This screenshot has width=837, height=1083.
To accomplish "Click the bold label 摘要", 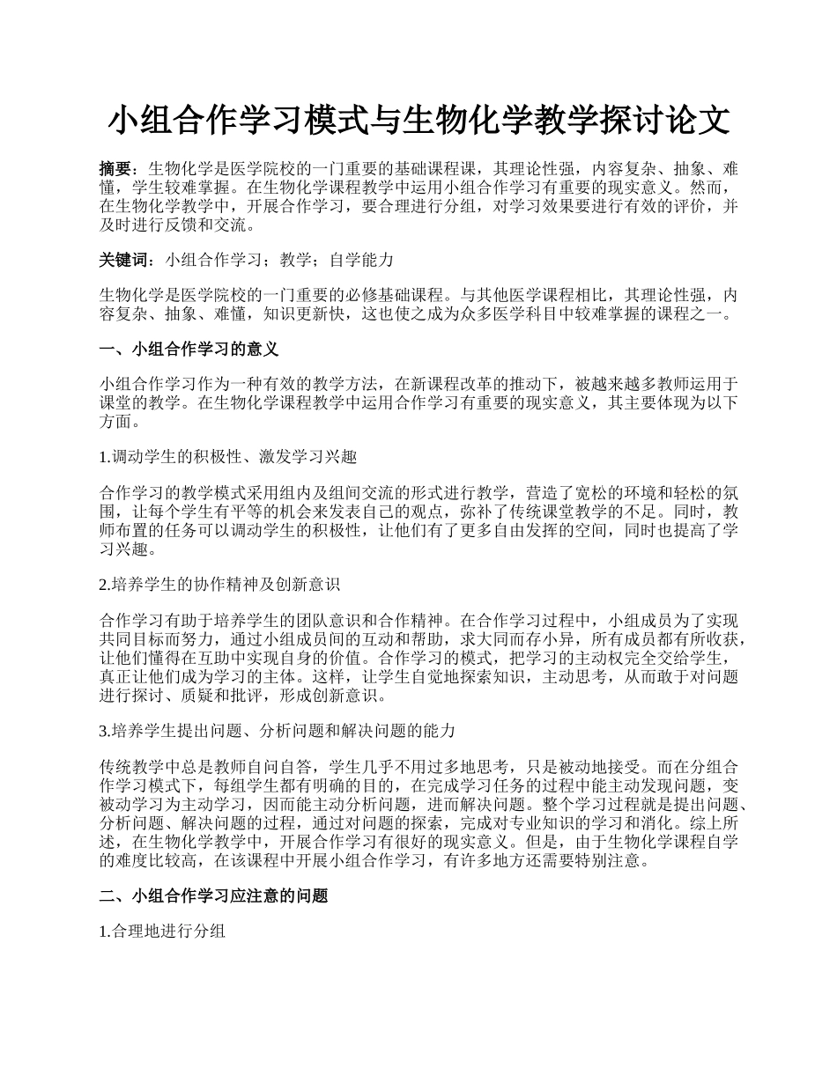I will tap(116, 168).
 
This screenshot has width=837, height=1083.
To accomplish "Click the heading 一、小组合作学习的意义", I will tap(189, 350).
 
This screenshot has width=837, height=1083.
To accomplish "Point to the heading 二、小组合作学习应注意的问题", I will tap(213, 896).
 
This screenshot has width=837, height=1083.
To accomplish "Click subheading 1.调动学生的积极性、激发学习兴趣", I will tap(228, 457).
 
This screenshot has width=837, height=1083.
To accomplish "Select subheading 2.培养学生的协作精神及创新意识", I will tap(220, 584).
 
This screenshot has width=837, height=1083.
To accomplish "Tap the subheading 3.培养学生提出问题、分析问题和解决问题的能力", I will tap(278, 731).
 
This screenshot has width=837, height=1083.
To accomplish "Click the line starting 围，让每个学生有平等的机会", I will tap(418, 512).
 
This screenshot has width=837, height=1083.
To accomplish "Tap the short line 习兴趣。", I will tap(130, 549).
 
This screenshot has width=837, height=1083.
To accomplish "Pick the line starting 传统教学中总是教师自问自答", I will tap(418, 767).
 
